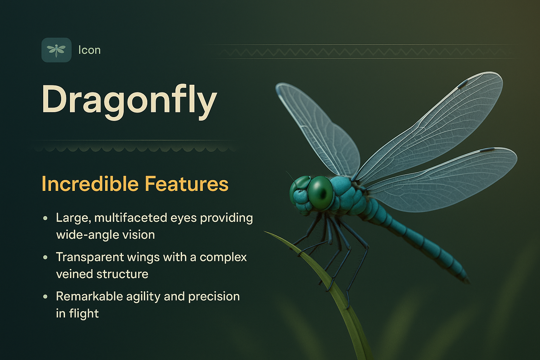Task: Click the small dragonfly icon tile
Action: click(56, 50)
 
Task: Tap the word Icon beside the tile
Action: click(89, 50)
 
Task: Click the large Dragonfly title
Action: click(129, 100)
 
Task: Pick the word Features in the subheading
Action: click(186, 184)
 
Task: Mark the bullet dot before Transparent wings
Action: click(45, 257)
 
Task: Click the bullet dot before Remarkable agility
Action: click(45, 297)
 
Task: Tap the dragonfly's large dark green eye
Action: click(320, 192)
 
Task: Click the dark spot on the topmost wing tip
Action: click(463, 84)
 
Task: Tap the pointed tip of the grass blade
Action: click(265, 232)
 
